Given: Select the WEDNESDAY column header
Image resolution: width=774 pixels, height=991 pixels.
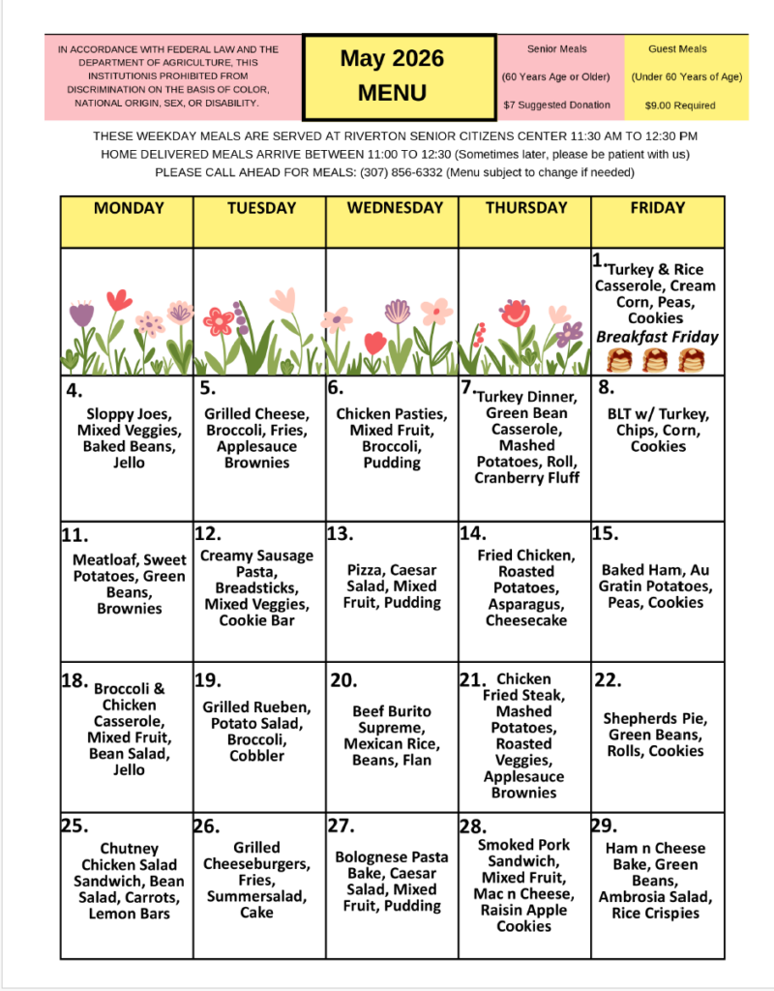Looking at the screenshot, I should tap(392, 208).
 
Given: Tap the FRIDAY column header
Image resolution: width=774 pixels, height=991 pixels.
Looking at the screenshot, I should tap(657, 208).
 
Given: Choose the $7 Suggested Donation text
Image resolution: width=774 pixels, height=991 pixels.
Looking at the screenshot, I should tap(556, 105).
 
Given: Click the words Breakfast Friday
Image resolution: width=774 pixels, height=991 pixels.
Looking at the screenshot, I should tap(657, 337).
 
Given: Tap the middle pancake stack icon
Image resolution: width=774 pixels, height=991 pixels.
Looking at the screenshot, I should tap(657, 361).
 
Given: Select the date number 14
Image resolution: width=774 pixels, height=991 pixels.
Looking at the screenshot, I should tap(472, 533).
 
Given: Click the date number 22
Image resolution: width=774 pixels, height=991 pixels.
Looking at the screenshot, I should tap(607, 680).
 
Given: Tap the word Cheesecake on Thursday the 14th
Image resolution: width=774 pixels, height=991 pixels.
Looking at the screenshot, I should tap(525, 620).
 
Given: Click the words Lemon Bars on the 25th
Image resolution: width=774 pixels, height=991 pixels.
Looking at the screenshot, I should tap(129, 914).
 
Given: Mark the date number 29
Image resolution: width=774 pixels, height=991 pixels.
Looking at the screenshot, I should tap(604, 826).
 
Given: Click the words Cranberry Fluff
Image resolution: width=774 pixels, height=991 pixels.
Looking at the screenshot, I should tap(526, 478).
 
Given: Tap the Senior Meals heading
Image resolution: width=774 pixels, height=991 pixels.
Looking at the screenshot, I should tap(556, 48).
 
